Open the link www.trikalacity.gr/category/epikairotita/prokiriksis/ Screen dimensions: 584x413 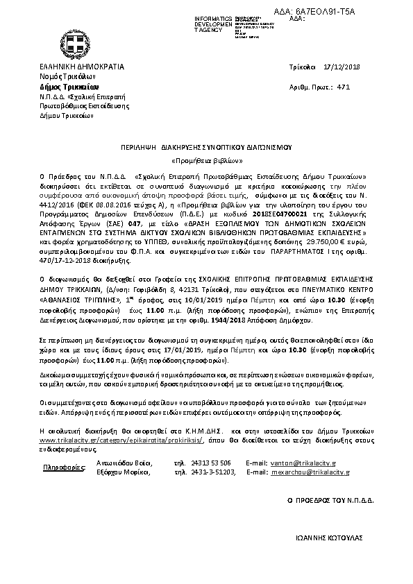coord(123,440)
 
